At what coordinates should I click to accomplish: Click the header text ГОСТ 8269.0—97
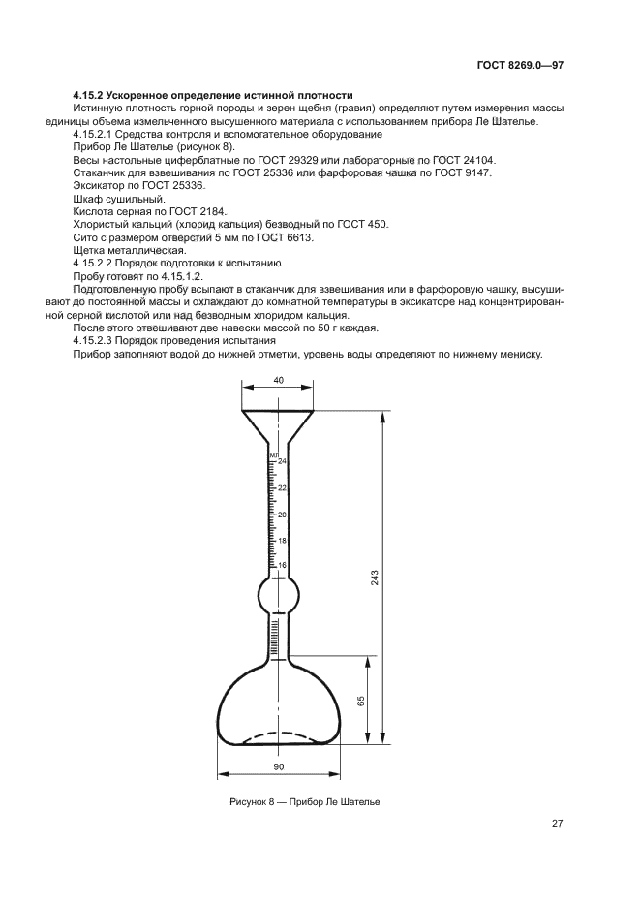520,66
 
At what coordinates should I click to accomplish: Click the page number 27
558,824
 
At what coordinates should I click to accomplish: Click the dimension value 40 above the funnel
278,381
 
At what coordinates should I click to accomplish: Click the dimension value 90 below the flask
279,766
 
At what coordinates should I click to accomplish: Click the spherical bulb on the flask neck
277,595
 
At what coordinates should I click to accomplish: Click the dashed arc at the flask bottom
278,735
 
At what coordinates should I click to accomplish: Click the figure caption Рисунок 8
253,802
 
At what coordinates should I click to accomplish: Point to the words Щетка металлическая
123,250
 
